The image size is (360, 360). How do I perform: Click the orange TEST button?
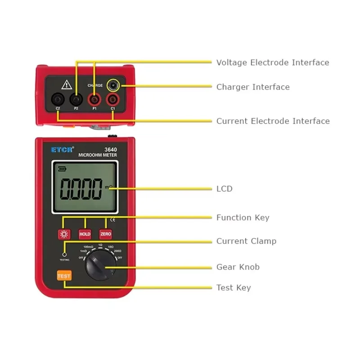click(x=64, y=276)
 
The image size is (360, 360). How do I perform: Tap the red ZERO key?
click(x=106, y=234)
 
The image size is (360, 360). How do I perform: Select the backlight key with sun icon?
click(x=64, y=234)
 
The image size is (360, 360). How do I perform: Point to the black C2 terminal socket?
click(x=58, y=98)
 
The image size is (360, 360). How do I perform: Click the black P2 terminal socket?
click(x=76, y=98)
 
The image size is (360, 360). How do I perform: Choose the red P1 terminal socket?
click(x=94, y=98)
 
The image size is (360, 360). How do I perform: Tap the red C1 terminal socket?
click(x=112, y=98)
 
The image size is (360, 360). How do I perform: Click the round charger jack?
click(x=113, y=85)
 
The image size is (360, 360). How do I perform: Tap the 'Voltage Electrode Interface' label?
click(x=273, y=63)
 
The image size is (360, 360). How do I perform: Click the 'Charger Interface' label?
click(x=253, y=87)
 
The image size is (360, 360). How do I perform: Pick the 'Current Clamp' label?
click(x=246, y=241)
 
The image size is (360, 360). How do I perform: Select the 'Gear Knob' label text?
click(x=238, y=267)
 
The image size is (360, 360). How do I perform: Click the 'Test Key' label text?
click(x=234, y=288)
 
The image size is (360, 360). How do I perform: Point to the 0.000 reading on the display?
click(x=81, y=189)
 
